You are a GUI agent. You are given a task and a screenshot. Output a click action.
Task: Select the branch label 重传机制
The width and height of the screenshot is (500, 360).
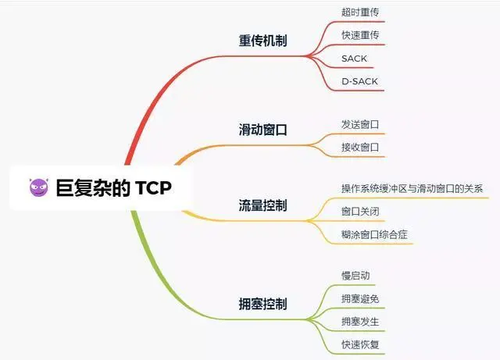262,41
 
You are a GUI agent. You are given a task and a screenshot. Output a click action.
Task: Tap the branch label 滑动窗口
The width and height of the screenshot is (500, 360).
262,130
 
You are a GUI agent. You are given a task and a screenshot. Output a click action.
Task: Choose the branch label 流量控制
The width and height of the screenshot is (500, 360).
262,205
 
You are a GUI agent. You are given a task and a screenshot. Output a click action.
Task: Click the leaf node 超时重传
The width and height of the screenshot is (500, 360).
360,12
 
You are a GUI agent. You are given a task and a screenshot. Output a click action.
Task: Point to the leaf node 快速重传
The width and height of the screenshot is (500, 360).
360,35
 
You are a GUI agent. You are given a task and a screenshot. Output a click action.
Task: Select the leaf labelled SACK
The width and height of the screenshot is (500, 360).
354,59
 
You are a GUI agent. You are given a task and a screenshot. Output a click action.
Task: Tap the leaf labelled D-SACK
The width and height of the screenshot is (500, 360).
359,81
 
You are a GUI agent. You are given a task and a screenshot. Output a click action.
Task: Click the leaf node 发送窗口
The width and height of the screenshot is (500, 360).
360,124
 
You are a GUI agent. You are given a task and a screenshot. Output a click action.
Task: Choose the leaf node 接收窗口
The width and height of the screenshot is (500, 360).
360,147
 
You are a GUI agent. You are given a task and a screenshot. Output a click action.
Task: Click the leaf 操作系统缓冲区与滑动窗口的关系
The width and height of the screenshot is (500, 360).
412,189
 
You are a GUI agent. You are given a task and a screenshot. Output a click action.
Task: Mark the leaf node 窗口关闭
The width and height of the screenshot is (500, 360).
360,212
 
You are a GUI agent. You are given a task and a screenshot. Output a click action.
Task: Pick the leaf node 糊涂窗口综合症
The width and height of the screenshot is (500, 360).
374,234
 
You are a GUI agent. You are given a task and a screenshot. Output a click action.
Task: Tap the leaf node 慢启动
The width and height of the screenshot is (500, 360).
355,276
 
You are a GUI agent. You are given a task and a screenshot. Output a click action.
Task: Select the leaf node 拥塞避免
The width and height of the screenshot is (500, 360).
360,298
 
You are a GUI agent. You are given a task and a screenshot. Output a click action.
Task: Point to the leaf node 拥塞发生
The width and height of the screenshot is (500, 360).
360,321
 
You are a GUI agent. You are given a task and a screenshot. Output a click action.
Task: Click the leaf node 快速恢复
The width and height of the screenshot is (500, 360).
360,344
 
